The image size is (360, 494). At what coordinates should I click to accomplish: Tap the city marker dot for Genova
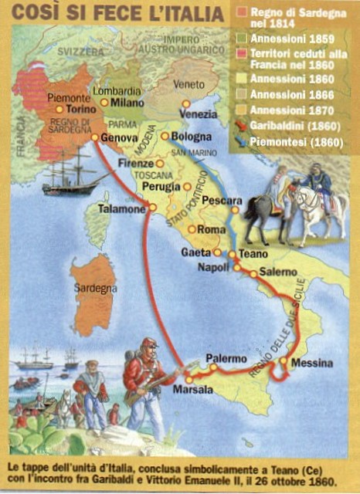pyautogui.click(x=95, y=137)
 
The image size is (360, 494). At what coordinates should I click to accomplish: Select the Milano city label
pyautogui.click(x=128, y=103)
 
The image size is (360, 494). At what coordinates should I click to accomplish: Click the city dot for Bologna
pyautogui.click(x=165, y=137)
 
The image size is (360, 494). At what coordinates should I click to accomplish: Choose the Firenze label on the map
pyautogui.click(x=135, y=164)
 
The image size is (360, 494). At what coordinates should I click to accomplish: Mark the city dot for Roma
pyautogui.click(x=192, y=229)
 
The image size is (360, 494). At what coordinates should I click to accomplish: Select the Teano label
pyautogui.click(x=253, y=253)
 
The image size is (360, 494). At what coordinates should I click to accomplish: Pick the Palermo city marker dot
pyautogui.click(x=214, y=368)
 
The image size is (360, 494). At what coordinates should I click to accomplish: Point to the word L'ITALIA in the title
pyautogui.click(x=178, y=13)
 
